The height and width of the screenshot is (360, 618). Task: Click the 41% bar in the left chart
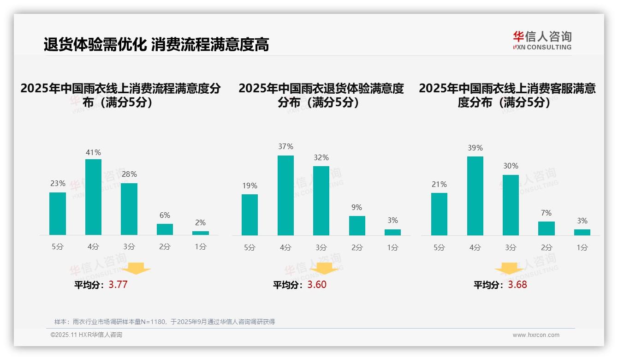[93, 197]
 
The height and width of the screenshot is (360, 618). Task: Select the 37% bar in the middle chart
[285, 195]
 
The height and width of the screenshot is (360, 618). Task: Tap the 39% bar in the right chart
[475, 196]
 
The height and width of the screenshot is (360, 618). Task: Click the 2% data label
[201, 222]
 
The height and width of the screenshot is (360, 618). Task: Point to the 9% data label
[357, 208]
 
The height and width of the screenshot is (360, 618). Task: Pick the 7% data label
[547, 213]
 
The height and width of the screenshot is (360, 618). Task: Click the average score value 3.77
[118, 285]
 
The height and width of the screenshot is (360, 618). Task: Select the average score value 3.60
[317, 285]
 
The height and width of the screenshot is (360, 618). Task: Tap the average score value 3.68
[517, 285]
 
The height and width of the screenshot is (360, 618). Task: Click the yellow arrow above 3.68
[509, 269]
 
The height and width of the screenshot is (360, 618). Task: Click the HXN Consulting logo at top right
[542, 40]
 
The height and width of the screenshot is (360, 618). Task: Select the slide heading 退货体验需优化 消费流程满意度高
[156, 45]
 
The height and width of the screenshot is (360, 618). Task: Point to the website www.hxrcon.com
[536, 335]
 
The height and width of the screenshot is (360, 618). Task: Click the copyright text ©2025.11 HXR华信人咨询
[86, 335]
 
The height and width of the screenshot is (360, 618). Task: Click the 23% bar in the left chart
[58, 214]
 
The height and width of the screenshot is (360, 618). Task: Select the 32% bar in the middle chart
[321, 201]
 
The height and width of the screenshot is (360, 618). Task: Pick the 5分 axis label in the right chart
[439, 247]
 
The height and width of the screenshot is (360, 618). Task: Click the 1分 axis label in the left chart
[201, 246]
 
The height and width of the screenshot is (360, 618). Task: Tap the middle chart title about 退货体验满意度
[321, 95]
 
